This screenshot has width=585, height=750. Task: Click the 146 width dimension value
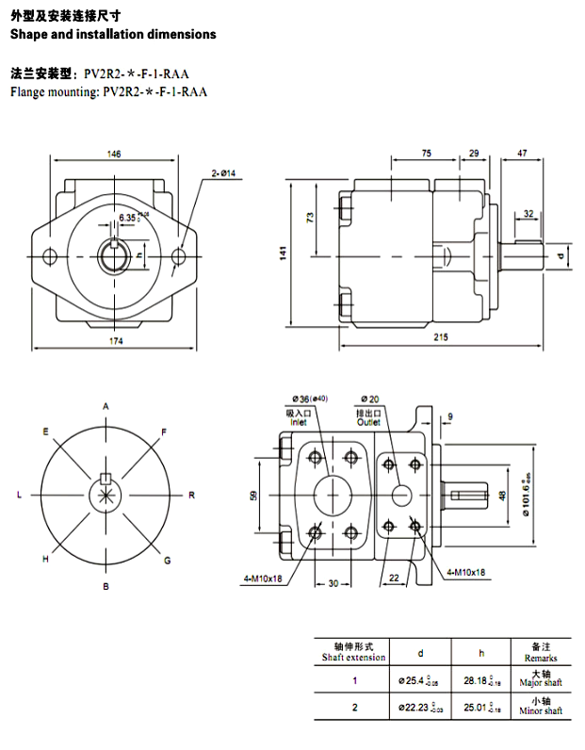point(113,154)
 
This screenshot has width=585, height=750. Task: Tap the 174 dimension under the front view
point(116,341)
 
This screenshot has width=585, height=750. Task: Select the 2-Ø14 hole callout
point(223,172)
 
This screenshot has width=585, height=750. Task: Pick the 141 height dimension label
point(283,253)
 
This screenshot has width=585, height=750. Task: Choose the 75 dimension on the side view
point(426,153)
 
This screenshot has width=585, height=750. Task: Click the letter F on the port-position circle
point(165,432)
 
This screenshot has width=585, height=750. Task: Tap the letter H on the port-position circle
point(44,559)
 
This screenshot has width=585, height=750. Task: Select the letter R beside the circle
point(191,495)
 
